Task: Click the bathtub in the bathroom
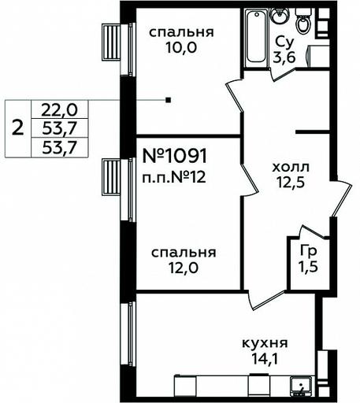[257, 36]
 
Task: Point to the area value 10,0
[181, 48]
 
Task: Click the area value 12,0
[183, 268]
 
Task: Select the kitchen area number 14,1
[265, 359]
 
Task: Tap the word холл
[291, 168]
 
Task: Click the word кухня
[265, 343]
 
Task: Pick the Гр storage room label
[309, 252]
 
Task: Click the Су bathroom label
[285, 43]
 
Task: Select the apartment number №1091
[175, 156]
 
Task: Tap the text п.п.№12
[174, 178]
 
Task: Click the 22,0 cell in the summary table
[59, 109]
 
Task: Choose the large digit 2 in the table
[18, 128]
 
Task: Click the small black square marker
[169, 100]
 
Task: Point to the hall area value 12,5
[291, 183]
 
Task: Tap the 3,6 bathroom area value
[284, 57]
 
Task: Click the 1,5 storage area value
[309, 267]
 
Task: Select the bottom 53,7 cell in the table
[59, 147]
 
